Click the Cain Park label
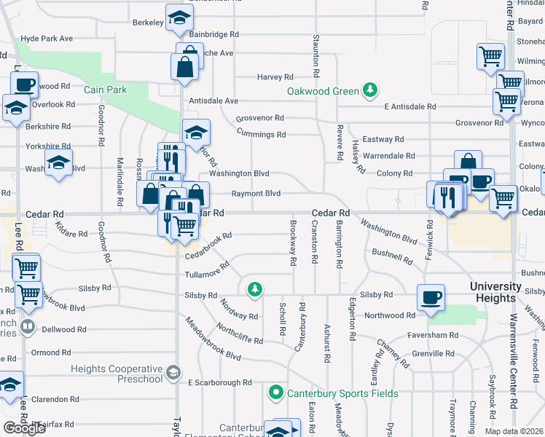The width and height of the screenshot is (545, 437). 106,90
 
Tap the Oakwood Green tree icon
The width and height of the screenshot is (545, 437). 371,90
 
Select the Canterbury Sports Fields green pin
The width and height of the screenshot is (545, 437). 275,393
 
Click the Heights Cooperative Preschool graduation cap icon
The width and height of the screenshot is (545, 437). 173,374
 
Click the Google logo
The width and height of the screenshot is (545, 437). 24,428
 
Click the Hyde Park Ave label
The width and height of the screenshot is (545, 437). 47,38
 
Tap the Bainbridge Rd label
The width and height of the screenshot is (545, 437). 214,34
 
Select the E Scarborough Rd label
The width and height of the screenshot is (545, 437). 219,382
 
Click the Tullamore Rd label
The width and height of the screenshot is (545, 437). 202,274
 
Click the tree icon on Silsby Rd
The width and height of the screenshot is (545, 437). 254,290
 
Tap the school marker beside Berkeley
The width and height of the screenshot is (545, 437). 178,19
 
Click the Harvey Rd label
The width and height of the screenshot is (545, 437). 275,76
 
